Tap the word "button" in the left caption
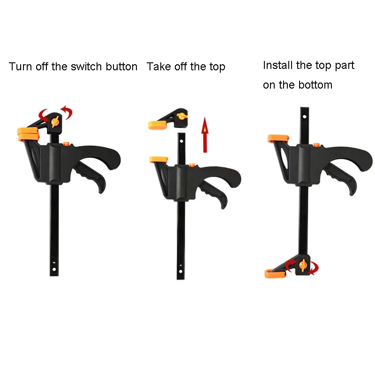(x=121, y=67)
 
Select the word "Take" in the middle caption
(x=159, y=67)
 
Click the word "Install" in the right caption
(x=277, y=65)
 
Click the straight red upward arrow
(x=205, y=135)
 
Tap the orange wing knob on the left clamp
(x=55, y=122)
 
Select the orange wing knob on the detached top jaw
(x=182, y=116)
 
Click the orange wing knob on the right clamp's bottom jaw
(x=303, y=265)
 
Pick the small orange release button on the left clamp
(x=67, y=143)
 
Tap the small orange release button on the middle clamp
(x=192, y=165)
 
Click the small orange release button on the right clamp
(x=316, y=145)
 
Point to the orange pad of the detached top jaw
(x=157, y=125)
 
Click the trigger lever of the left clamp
(x=90, y=175)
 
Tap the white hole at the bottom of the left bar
(x=54, y=269)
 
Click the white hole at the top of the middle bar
(x=181, y=141)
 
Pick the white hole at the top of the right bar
(x=304, y=117)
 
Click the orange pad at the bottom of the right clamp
(x=275, y=274)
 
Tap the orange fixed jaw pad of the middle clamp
(x=158, y=159)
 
